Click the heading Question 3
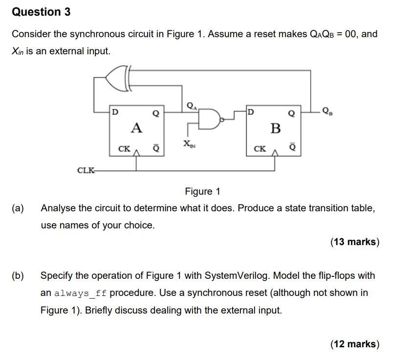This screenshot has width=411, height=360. pos(42,12)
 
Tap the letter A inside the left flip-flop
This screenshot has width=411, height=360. pos(136,128)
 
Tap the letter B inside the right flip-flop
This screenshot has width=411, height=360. pos(276,128)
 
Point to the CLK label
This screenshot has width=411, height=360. pos(86,170)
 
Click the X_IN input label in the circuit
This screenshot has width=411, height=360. pos(188,144)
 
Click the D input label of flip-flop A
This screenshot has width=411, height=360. pos(115,112)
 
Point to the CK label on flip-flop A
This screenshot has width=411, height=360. pos(125,148)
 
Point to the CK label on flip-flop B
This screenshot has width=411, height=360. pos(260,148)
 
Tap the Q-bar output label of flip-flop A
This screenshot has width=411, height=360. pos(156,147)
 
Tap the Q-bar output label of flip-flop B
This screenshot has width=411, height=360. pos(292,147)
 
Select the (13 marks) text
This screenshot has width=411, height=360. pos(355,242)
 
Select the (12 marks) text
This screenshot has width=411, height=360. pos(355,344)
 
